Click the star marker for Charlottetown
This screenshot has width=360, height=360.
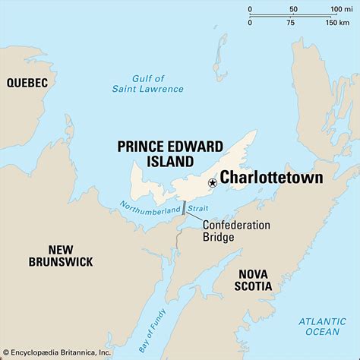[x=212, y=182]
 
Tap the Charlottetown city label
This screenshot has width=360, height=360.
[x=270, y=178]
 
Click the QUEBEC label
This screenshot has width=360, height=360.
[x=27, y=82]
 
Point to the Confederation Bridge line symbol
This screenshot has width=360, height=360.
[x=184, y=208]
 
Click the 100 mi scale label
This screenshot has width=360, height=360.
[x=335, y=9]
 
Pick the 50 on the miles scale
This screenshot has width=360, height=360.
[x=293, y=9]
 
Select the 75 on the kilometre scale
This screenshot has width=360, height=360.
[x=290, y=23]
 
